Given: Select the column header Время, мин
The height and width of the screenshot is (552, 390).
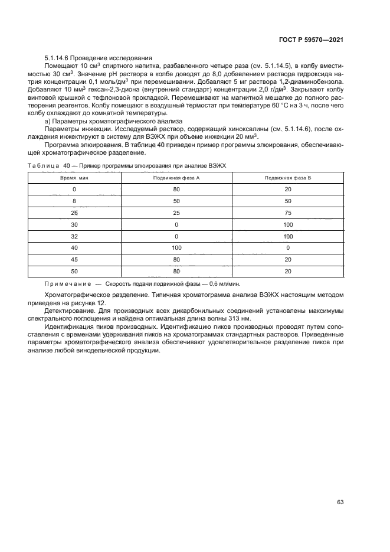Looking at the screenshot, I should click(x=74, y=177).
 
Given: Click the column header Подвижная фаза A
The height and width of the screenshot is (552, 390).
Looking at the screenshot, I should click(x=176, y=177).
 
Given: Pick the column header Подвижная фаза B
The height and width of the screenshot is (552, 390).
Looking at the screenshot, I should click(x=288, y=177).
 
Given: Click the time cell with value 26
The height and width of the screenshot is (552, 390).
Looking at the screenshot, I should click(x=74, y=213).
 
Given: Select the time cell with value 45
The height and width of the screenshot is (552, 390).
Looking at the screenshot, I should click(x=74, y=259).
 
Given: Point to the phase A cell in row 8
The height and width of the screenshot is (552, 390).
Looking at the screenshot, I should click(x=176, y=201).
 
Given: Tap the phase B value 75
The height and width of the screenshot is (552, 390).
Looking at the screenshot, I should click(x=288, y=213).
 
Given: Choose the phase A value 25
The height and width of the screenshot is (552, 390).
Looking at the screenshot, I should click(x=176, y=213).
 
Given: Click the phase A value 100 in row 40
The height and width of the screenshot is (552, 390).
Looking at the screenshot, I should click(x=176, y=248).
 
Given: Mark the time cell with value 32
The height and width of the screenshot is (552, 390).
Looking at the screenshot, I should click(x=74, y=236).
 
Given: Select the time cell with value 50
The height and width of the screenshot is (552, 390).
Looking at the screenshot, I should click(x=74, y=271).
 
